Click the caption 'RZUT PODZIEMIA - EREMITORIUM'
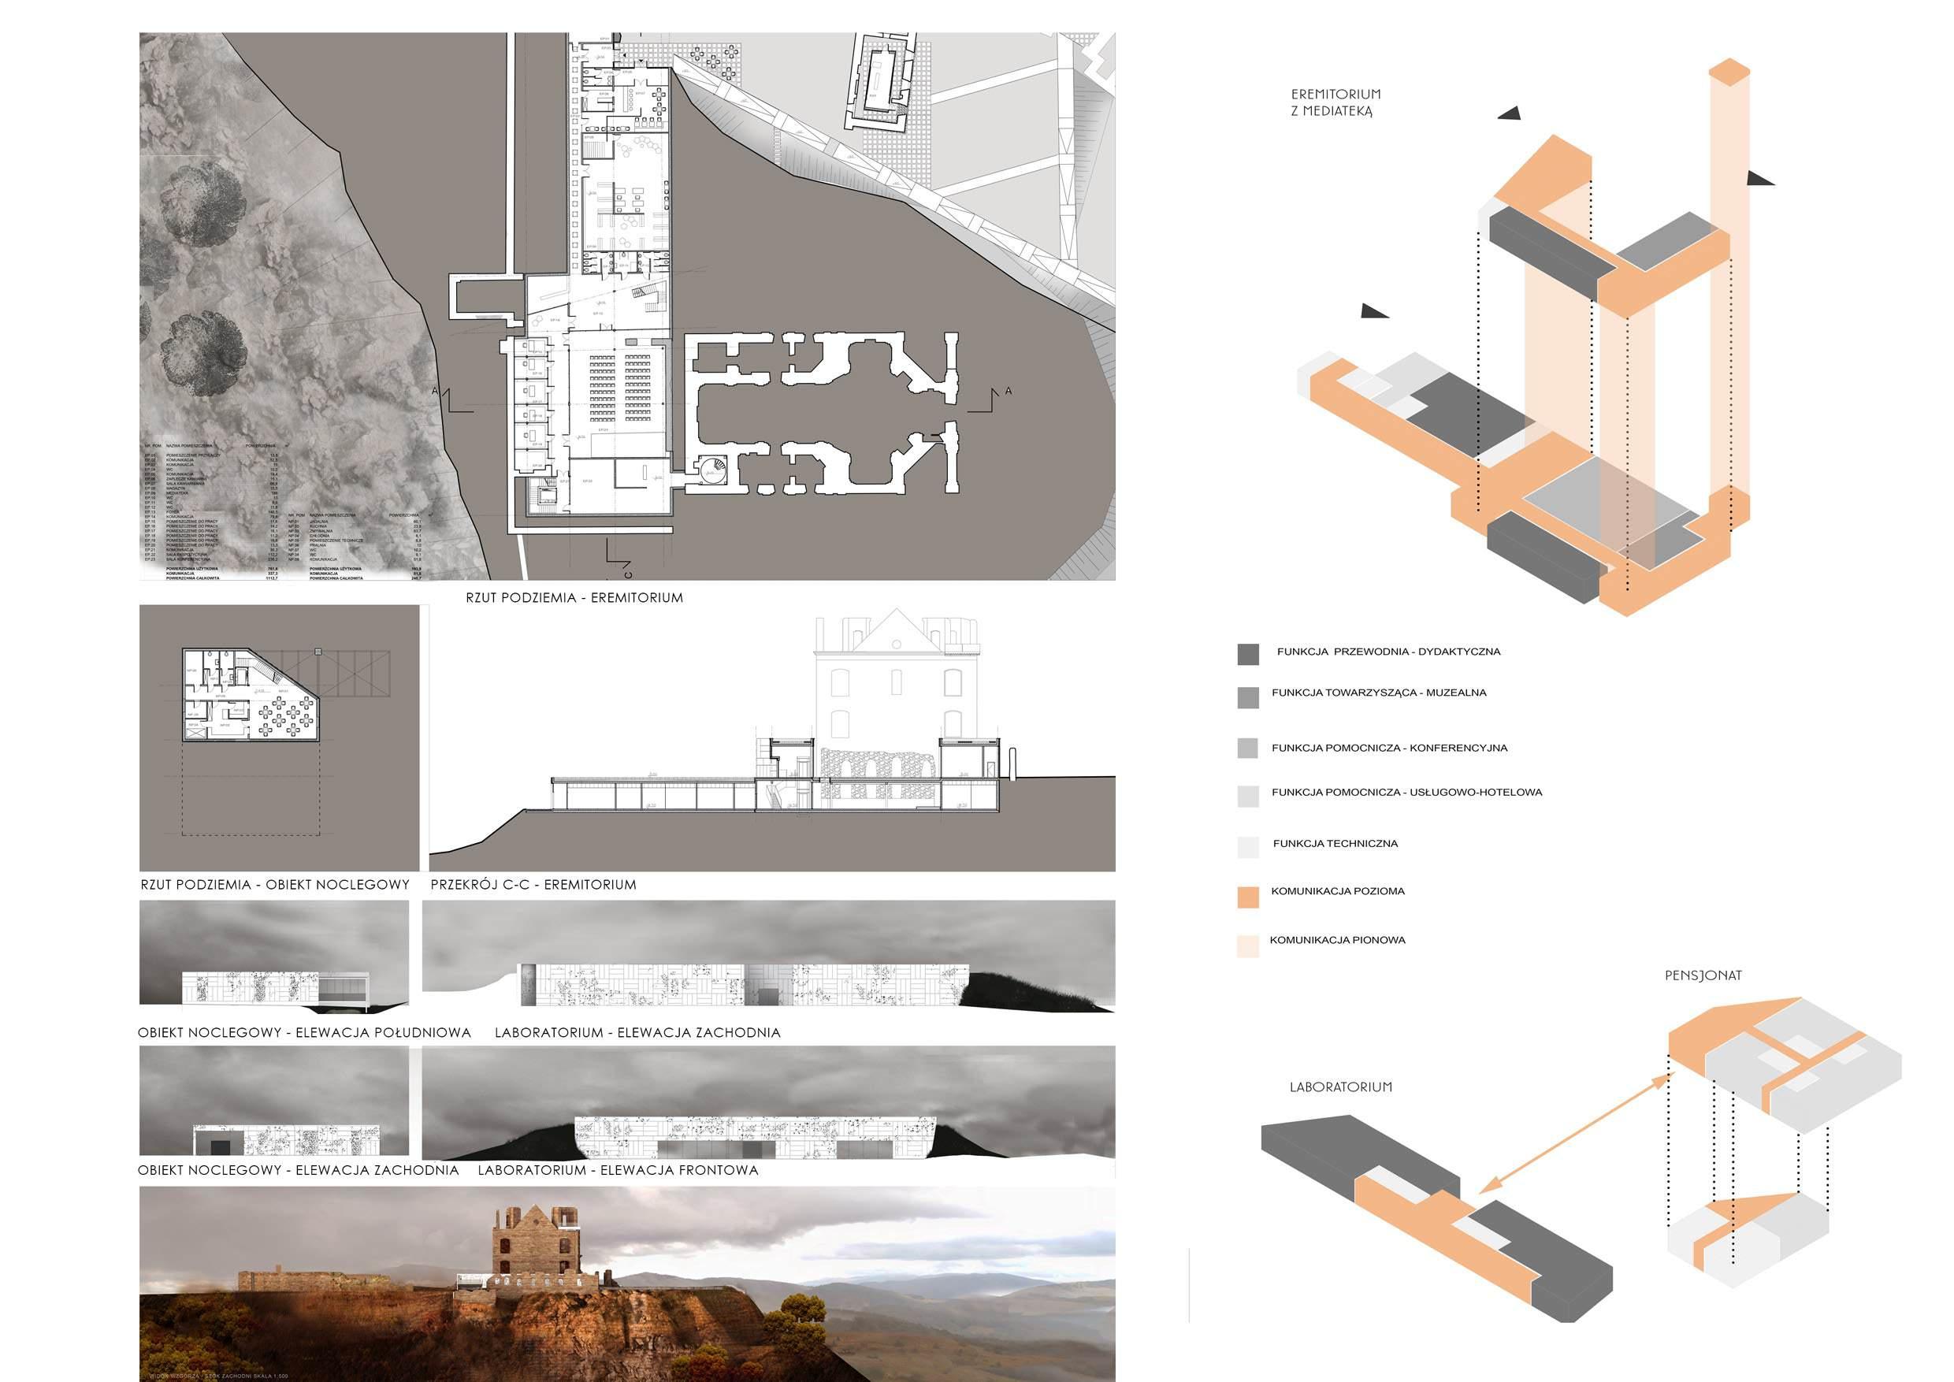574,598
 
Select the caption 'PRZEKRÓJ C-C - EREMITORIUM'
533,885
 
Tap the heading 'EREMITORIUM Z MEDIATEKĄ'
1335,102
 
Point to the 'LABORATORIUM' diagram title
1340,1087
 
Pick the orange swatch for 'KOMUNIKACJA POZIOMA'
1247,897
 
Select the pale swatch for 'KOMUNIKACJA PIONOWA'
1247,947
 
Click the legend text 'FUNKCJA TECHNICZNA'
1335,844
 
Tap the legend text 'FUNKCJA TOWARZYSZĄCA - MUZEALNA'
1379,693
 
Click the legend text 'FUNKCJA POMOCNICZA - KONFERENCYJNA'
1389,749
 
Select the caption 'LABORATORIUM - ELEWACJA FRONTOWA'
618,1171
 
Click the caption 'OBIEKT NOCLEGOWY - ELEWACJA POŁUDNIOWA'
304,1033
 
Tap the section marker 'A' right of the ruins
1009,392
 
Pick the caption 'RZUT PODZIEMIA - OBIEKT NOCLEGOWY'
275,885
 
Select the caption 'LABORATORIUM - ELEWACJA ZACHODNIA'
637,1033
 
